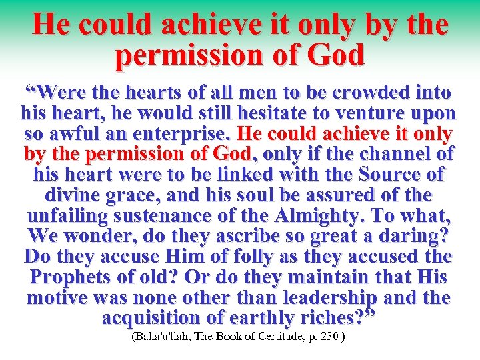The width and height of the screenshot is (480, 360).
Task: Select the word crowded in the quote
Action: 360,93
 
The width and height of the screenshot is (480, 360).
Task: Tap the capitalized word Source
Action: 401,175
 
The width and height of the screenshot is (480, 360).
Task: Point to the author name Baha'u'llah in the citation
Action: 163,337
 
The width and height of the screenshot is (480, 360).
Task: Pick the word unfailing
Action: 65,216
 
